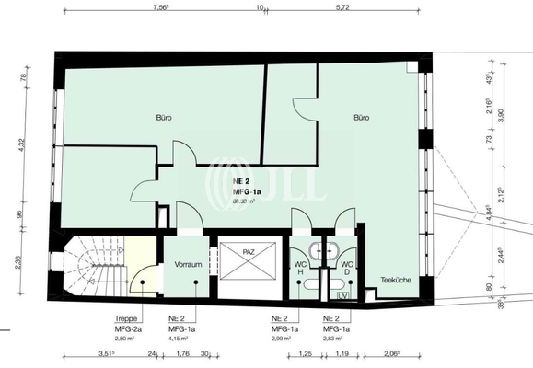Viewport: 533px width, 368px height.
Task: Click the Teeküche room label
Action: point(393,280)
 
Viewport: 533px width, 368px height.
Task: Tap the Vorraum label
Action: point(187,264)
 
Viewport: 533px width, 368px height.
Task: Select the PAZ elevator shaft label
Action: point(249,250)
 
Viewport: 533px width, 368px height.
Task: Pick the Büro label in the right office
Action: point(364,118)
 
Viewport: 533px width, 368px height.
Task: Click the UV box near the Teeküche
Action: point(343,296)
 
